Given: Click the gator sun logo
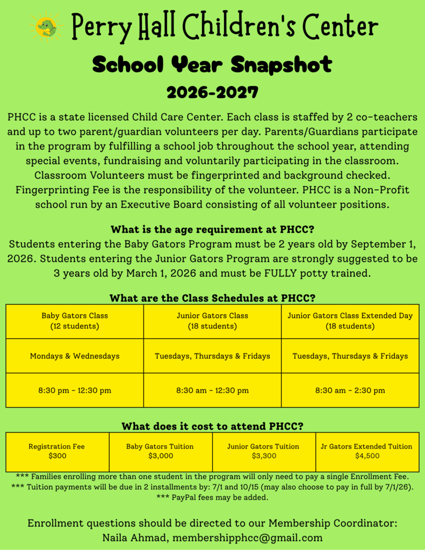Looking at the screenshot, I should tap(47, 27).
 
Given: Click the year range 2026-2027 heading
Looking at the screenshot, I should tap(212, 92).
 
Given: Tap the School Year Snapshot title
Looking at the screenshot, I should tap(212, 65).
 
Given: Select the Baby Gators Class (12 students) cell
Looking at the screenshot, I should tap(75, 321).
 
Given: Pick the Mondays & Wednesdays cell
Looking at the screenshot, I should tap(75, 356).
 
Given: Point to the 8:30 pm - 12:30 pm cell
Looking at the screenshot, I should tap(75, 390).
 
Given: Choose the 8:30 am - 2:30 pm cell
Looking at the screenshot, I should tap(350, 390).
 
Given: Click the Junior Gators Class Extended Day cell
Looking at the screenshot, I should tap(350, 321).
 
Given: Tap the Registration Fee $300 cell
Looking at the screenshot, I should tap(56, 451).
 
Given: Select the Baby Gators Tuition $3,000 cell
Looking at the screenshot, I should tap(160, 451).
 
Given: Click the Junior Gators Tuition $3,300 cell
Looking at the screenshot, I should tap(263, 451).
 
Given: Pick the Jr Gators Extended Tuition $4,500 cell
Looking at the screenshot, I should tap(367, 451).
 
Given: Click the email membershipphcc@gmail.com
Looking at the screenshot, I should tap(248, 537).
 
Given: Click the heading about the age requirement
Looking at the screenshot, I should tap(212, 230).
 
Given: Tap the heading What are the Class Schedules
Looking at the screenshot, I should tap(212, 298).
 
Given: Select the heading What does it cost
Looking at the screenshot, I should tap(212, 426).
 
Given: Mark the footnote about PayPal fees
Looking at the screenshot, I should tap(212, 497).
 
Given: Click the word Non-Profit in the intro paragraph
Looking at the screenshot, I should tap(385, 190).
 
